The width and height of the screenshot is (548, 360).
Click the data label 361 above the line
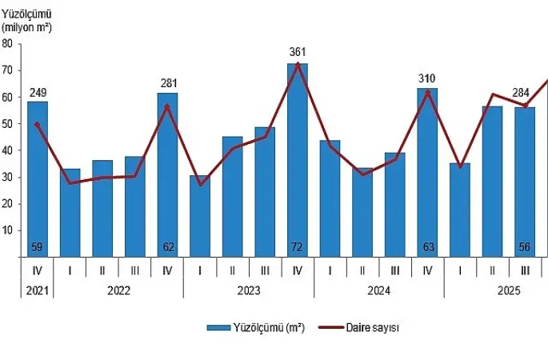[x=298, y=52]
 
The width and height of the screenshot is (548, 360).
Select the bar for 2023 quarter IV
[x=298, y=160]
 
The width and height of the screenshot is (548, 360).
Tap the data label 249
[x=38, y=93]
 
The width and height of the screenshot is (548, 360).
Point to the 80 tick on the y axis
[x=6, y=44]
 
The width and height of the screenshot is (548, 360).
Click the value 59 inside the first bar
[x=38, y=246]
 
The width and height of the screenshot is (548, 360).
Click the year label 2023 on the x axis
[x=248, y=290]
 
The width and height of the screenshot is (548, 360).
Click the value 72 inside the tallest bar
[x=298, y=246]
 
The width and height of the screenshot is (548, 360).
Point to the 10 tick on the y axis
[x=6, y=230]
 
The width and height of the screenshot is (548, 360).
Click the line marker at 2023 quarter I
[x=200, y=184]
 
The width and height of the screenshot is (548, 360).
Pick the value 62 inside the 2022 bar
[x=167, y=246]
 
